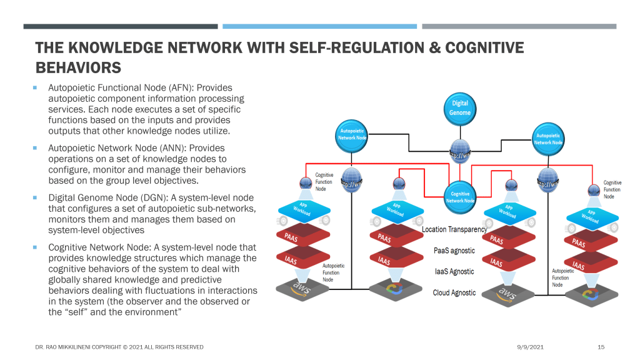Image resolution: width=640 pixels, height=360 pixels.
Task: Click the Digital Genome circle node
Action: click(460, 108)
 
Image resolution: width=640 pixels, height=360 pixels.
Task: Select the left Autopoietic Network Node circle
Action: click(352, 136)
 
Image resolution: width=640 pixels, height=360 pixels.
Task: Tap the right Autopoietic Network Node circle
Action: click(548, 139)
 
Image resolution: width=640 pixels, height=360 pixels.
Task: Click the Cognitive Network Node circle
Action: click(460, 197)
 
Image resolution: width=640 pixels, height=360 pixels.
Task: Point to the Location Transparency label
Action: click(454, 230)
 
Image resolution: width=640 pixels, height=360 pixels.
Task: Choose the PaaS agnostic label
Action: click(454, 251)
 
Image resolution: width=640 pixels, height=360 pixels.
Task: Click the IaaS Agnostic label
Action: click(454, 272)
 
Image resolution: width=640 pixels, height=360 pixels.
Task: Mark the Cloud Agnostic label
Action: click(454, 293)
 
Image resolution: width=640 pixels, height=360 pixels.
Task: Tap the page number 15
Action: click(601, 347)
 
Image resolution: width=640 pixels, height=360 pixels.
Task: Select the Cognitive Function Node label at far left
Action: click(324, 182)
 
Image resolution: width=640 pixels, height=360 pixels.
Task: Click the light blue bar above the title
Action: click(319, 26)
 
